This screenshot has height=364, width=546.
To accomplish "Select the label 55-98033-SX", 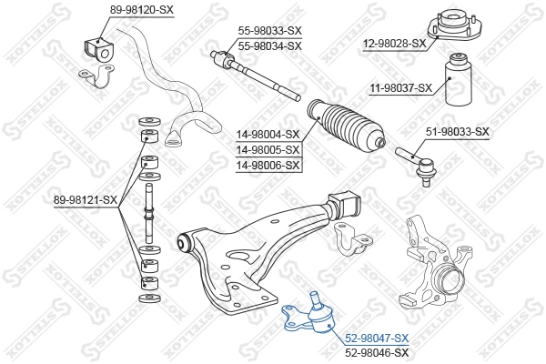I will pos(269,30).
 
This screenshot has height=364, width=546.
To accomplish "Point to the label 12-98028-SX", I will pos(394,43).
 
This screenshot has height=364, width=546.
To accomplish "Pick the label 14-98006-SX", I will pos(268,165).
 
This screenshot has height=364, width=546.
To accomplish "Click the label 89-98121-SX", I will pos(86,199).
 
